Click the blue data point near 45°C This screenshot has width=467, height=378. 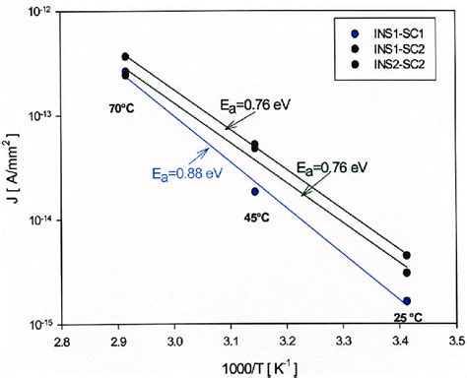pos(255,192)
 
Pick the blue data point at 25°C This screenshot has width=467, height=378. pos(407,301)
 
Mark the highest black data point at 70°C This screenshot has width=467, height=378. pos(125,57)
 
